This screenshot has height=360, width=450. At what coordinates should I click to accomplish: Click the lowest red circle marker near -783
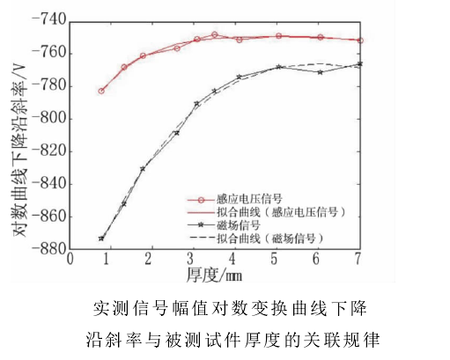point(101,91)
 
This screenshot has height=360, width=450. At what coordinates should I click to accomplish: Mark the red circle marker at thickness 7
point(360,40)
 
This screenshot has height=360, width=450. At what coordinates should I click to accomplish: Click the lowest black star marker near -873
point(101,239)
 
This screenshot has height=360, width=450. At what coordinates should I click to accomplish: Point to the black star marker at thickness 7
point(360,63)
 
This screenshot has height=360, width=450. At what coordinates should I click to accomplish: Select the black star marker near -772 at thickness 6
point(320,72)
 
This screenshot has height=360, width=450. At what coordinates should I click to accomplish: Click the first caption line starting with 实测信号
point(227,308)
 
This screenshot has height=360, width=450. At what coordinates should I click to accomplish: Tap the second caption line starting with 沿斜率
point(227,338)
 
